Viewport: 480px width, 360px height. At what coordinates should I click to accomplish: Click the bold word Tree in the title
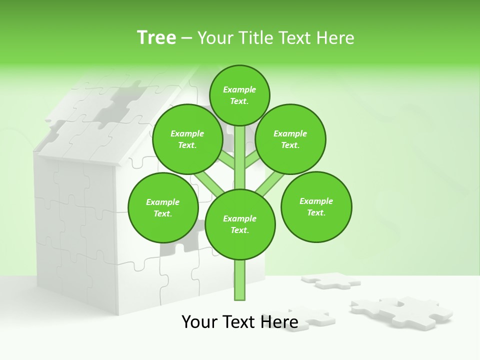(156, 37)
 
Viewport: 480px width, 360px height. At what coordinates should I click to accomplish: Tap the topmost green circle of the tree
(239, 95)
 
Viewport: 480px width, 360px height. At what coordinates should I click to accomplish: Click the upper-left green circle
(187, 139)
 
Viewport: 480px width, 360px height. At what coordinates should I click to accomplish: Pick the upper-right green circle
(290, 139)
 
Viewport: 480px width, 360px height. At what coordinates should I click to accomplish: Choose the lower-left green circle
(163, 207)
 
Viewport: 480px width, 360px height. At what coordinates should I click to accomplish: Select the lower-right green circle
(316, 206)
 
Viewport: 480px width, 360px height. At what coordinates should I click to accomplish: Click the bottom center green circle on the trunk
(240, 224)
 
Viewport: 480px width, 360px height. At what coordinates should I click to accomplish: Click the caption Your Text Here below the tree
(240, 322)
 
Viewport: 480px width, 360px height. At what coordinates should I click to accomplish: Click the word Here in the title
(335, 37)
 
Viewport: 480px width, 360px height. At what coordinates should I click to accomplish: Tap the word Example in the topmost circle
(239, 89)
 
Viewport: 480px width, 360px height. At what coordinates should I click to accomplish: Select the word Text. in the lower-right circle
(316, 212)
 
